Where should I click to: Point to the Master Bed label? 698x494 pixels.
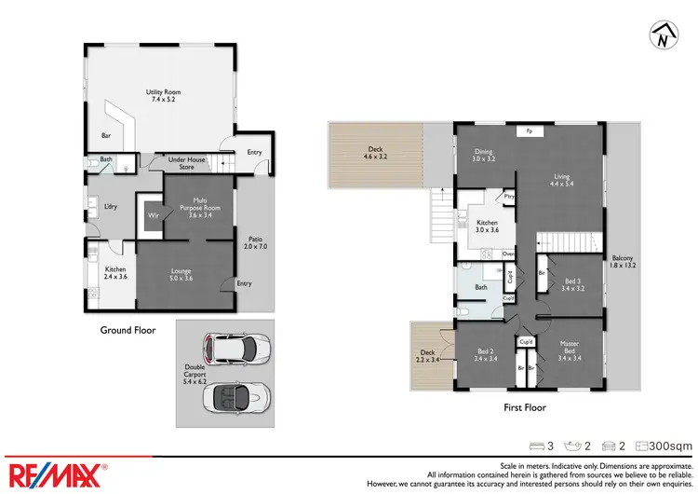pos(569,353)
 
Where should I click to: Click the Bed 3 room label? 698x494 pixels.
pos(572,284)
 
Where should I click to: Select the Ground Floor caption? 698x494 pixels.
pos(128,329)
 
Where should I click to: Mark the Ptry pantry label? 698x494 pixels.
pos(508,197)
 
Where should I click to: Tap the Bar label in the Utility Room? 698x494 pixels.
pos(106,135)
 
